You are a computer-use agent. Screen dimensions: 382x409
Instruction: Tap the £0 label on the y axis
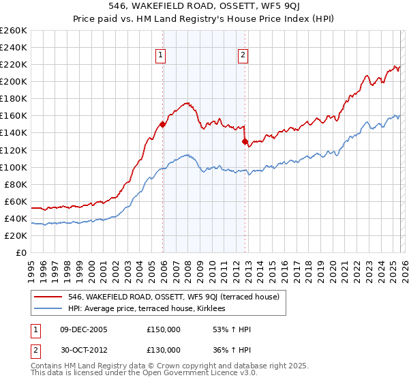tap(20, 252)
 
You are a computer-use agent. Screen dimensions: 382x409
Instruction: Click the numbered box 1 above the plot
tap(161, 56)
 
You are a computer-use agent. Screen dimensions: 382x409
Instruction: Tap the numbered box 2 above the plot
tap(243, 56)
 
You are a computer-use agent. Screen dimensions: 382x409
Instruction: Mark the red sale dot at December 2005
tap(162, 124)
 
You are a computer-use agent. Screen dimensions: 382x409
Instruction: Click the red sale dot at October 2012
tap(245, 141)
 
